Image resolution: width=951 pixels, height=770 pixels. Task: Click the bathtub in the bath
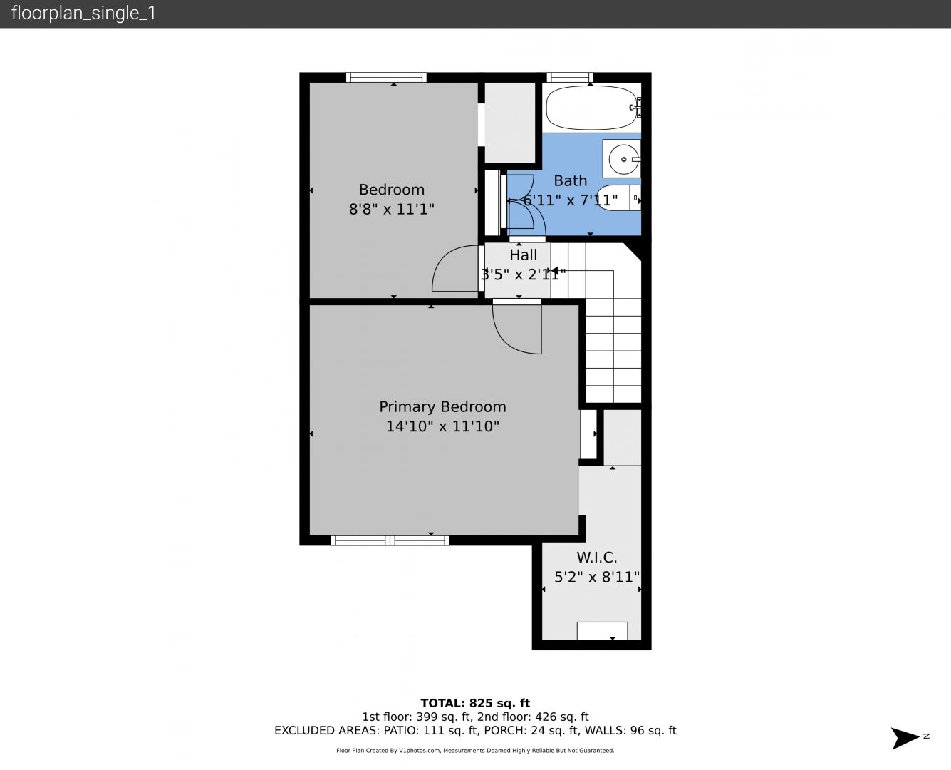pyautogui.click(x=591, y=108)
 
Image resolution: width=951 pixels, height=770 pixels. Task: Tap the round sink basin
pyautogui.click(x=624, y=159)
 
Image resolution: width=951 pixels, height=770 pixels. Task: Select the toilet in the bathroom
pyautogui.click(x=618, y=197)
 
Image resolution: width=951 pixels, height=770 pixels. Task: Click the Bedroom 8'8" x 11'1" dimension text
pyautogui.click(x=392, y=209)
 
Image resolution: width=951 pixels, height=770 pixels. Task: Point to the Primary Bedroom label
pyautogui.click(x=442, y=406)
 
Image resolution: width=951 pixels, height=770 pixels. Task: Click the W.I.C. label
pyautogui.click(x=596, y=558)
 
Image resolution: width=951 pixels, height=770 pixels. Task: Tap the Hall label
pyautogui.click(x=524, y=255)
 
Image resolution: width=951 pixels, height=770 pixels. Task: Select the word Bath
pyautogui.click(x=570, y=180)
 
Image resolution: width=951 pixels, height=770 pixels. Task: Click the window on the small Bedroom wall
pyautogui.click(x=386, y=77)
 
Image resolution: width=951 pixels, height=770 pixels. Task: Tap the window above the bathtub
pyautogui.click(x=570, y=77)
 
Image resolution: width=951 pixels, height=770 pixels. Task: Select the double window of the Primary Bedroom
pyautogui.click(x=390, y=540)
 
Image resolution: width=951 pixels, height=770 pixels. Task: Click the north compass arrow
pyautogui.click(x=905, y=738)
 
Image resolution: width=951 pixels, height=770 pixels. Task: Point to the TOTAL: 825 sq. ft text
pyautogui.click(x=475, y=703)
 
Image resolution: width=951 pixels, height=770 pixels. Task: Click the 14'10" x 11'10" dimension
pyautogui.click(x=442, y=426)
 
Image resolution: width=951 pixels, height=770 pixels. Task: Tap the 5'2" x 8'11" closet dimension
pyautogui.click(x=596, y=577)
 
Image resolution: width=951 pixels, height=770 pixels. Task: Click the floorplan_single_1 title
pyautogui.click(x=83, y=14)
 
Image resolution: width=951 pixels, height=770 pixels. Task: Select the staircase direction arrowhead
pyautogui.click(x=554, y=270)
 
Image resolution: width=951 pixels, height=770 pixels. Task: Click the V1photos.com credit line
pyautogui.click(x=475, y=750)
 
